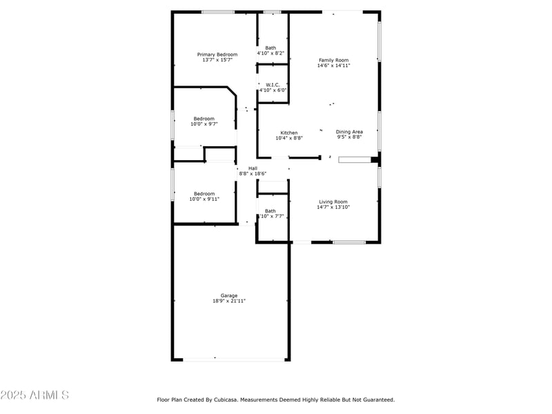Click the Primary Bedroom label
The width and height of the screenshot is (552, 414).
[217, 55]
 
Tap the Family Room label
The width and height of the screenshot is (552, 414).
[333, 60]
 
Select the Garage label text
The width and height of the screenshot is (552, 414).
[229, 295]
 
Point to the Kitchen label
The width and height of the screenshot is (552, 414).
[289, 132]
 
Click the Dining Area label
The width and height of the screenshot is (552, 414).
[349, 132]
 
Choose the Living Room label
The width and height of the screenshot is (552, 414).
[333, 201]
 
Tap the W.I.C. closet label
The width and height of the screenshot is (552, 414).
[273, 85]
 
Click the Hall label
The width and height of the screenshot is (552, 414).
[253, 168]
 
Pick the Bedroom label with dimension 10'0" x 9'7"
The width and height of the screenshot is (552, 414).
[204, 119]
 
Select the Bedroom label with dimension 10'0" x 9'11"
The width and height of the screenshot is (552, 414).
[204, 194]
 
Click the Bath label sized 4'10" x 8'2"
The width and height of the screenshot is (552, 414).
[270, 48]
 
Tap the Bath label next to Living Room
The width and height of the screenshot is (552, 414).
[270, 211]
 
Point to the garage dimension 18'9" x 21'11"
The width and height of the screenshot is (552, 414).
[229, 301]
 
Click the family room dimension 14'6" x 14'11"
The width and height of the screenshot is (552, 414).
[333, 66]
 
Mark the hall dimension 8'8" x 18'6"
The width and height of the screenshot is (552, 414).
[253, 174]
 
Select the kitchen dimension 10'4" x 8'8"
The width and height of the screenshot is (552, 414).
[289, 138]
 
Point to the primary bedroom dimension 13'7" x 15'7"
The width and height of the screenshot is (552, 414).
[217, 60]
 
